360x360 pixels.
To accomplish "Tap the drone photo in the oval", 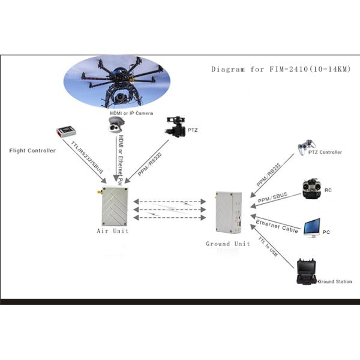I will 117,81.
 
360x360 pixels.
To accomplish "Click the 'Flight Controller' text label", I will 32,150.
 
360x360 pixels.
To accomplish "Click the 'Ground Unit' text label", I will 227,244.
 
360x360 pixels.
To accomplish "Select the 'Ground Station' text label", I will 335,281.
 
